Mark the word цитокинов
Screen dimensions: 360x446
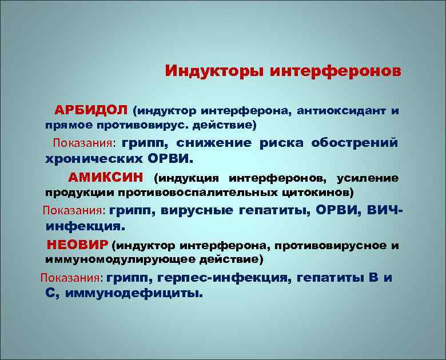322,192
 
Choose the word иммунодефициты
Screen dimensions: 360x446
134,294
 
